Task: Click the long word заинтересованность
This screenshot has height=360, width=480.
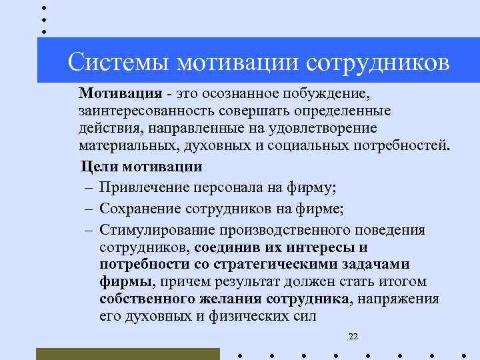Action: click(147, 109)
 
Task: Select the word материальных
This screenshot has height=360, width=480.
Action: click(123, 145)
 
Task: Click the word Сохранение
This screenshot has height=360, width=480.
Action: click(138, 209)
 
